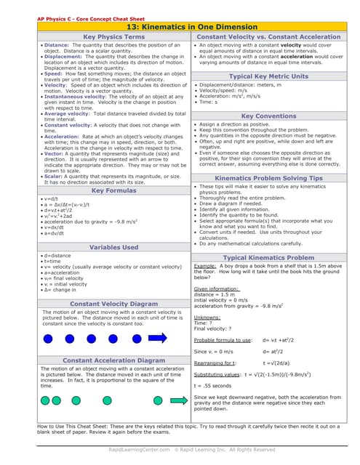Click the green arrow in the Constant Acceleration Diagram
[x=156, y=400]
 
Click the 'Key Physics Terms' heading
[x=113, y=36]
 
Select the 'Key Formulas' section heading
[x=113, y=190]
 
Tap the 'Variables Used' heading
[x=113, y=247]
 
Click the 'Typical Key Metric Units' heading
[x=268, y=76]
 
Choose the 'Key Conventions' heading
[x=268, y=116]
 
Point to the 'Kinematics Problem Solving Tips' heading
[x=268, y=178]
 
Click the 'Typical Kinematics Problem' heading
[x=268, y=257]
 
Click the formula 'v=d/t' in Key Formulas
[x=51, y=199]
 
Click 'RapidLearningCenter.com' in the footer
[x=138, y=450]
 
